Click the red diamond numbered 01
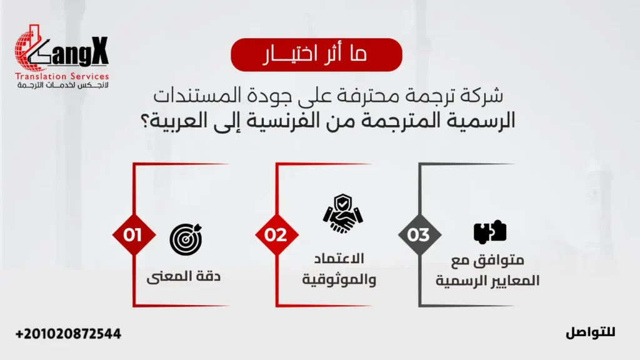point(132,235)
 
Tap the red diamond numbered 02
point(276,235)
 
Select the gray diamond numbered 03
point(419,235)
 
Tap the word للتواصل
point(591,332)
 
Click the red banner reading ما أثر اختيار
point(316,54)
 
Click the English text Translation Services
point(62,76)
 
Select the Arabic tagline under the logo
point(62,85)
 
